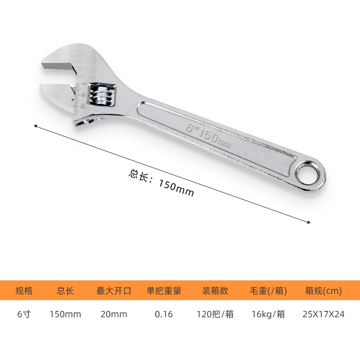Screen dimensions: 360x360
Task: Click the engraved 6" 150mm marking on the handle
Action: click(208, 135)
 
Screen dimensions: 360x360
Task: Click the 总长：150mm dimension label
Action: click(162, 183)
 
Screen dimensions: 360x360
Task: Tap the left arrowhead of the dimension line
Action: click(36, 126)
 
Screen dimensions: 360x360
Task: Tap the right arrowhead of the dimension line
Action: click(309, 222)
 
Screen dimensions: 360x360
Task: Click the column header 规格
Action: click(24, 291)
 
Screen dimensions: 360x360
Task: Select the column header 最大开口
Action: click(114, 291)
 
